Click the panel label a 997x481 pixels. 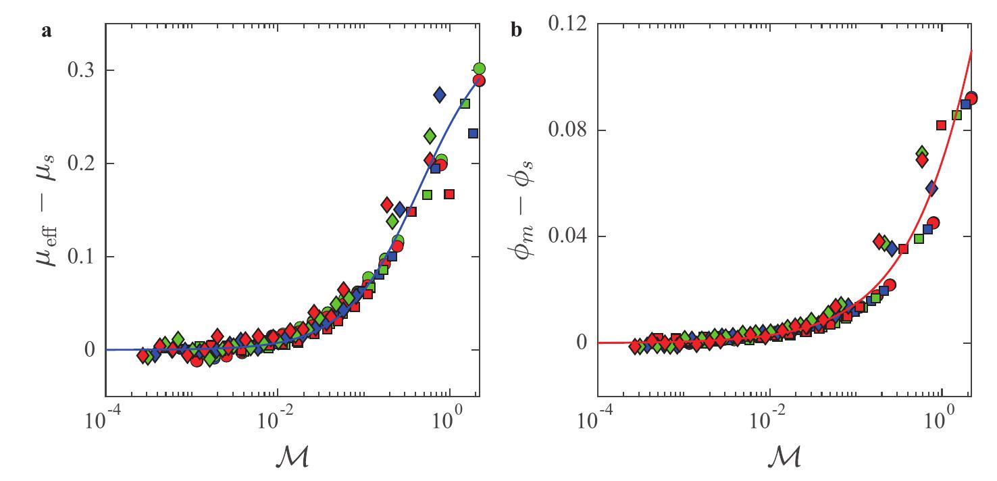(x=47, y=31)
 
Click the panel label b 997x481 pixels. (x=516, y=31)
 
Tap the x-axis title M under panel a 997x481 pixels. (x=293, y=457)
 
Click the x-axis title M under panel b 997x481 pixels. (x=784, y=457)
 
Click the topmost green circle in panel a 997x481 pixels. (x=480, y=69)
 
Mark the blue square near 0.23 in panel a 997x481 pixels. (x=473, y=134)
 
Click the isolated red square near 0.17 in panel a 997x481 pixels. (x=449, y=195)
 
